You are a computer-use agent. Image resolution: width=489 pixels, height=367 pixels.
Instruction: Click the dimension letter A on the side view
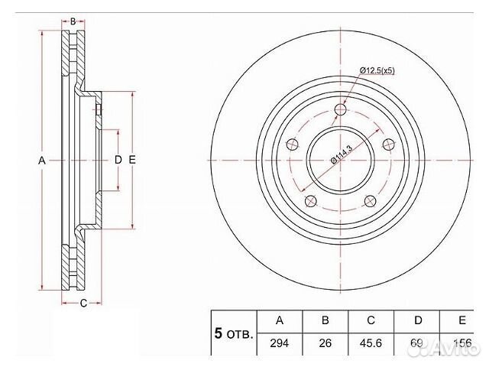coord(43,161)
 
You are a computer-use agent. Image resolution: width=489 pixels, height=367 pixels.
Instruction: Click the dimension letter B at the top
coord(73,21)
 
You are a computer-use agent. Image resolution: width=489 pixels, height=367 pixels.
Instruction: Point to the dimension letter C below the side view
coord(82,304)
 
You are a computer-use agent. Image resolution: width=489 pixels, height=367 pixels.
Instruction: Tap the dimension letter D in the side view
coord(118,161)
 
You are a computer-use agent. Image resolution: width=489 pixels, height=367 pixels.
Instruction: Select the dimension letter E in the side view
coord(132,161)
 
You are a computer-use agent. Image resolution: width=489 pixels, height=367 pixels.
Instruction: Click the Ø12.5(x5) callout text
coord(377,71)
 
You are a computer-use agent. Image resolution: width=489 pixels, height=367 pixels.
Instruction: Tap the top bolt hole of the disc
coord(341,111)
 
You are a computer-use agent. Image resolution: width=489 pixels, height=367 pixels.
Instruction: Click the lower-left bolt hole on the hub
coord(310,201)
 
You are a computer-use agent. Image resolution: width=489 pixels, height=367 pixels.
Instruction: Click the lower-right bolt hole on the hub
coord(371,201)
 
